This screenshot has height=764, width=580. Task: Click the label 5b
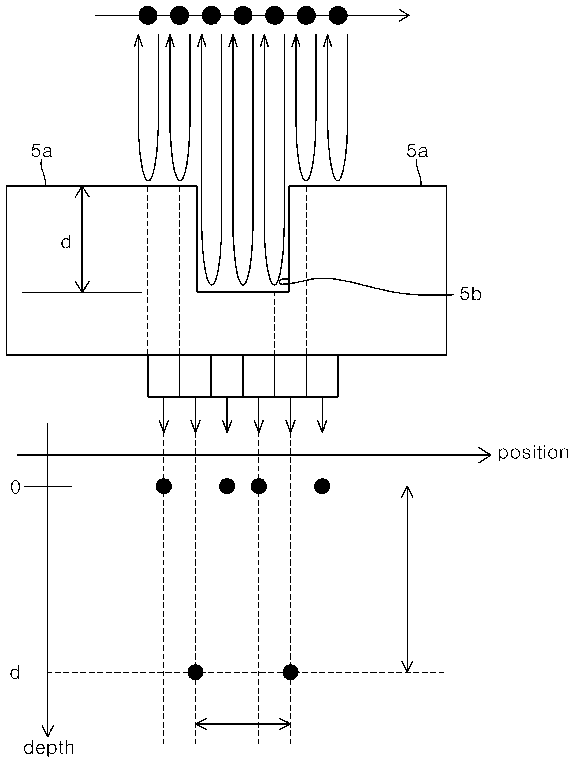[470, 295]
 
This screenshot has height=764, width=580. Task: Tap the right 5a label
[417, 151]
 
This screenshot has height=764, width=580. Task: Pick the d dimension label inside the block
[66, 242]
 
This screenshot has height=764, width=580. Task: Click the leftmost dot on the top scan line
[148, 15]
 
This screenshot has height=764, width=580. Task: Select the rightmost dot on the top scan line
[338, 15]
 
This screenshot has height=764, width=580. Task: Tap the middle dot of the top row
[243, 15]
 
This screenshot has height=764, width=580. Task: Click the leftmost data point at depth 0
[164, 486]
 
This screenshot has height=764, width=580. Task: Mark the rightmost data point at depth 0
[322, 486]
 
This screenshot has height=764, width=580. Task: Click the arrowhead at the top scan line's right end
[405, 15]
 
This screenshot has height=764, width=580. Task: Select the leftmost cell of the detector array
[164, 376]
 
